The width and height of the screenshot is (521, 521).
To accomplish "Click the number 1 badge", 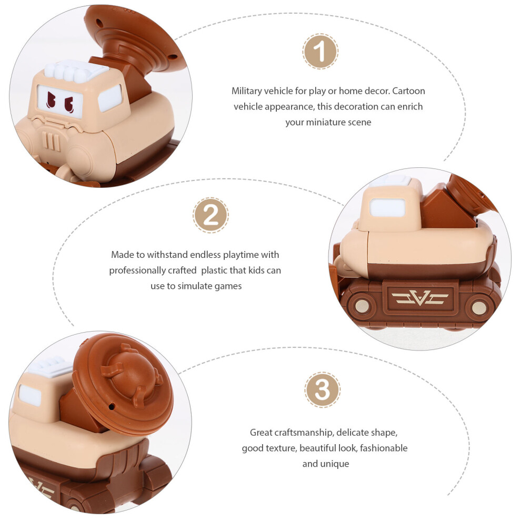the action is coord(320,52).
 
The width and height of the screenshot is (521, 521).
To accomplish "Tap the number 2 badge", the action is coord(211,215).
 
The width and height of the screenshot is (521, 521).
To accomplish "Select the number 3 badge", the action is coord(322,390).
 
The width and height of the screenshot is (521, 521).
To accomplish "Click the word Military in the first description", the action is coord(246,91).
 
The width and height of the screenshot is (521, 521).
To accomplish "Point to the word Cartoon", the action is coord(409,91).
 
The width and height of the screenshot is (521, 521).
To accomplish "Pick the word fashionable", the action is coord(384,448).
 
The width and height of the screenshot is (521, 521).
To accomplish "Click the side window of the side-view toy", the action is coord(387,208).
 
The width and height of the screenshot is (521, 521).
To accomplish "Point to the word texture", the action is coord(282,448).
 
